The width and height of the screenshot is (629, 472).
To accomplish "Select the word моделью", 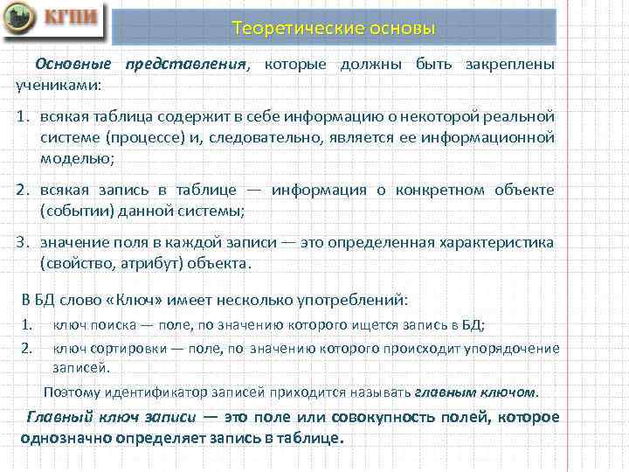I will pos(76,157).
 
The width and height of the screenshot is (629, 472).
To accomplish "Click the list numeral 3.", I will pos(24,242).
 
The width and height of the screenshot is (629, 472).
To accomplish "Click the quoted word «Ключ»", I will pos(134,300).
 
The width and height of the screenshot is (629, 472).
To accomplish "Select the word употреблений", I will pos(352,300).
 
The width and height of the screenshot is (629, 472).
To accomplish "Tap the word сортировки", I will pos(121,348).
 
